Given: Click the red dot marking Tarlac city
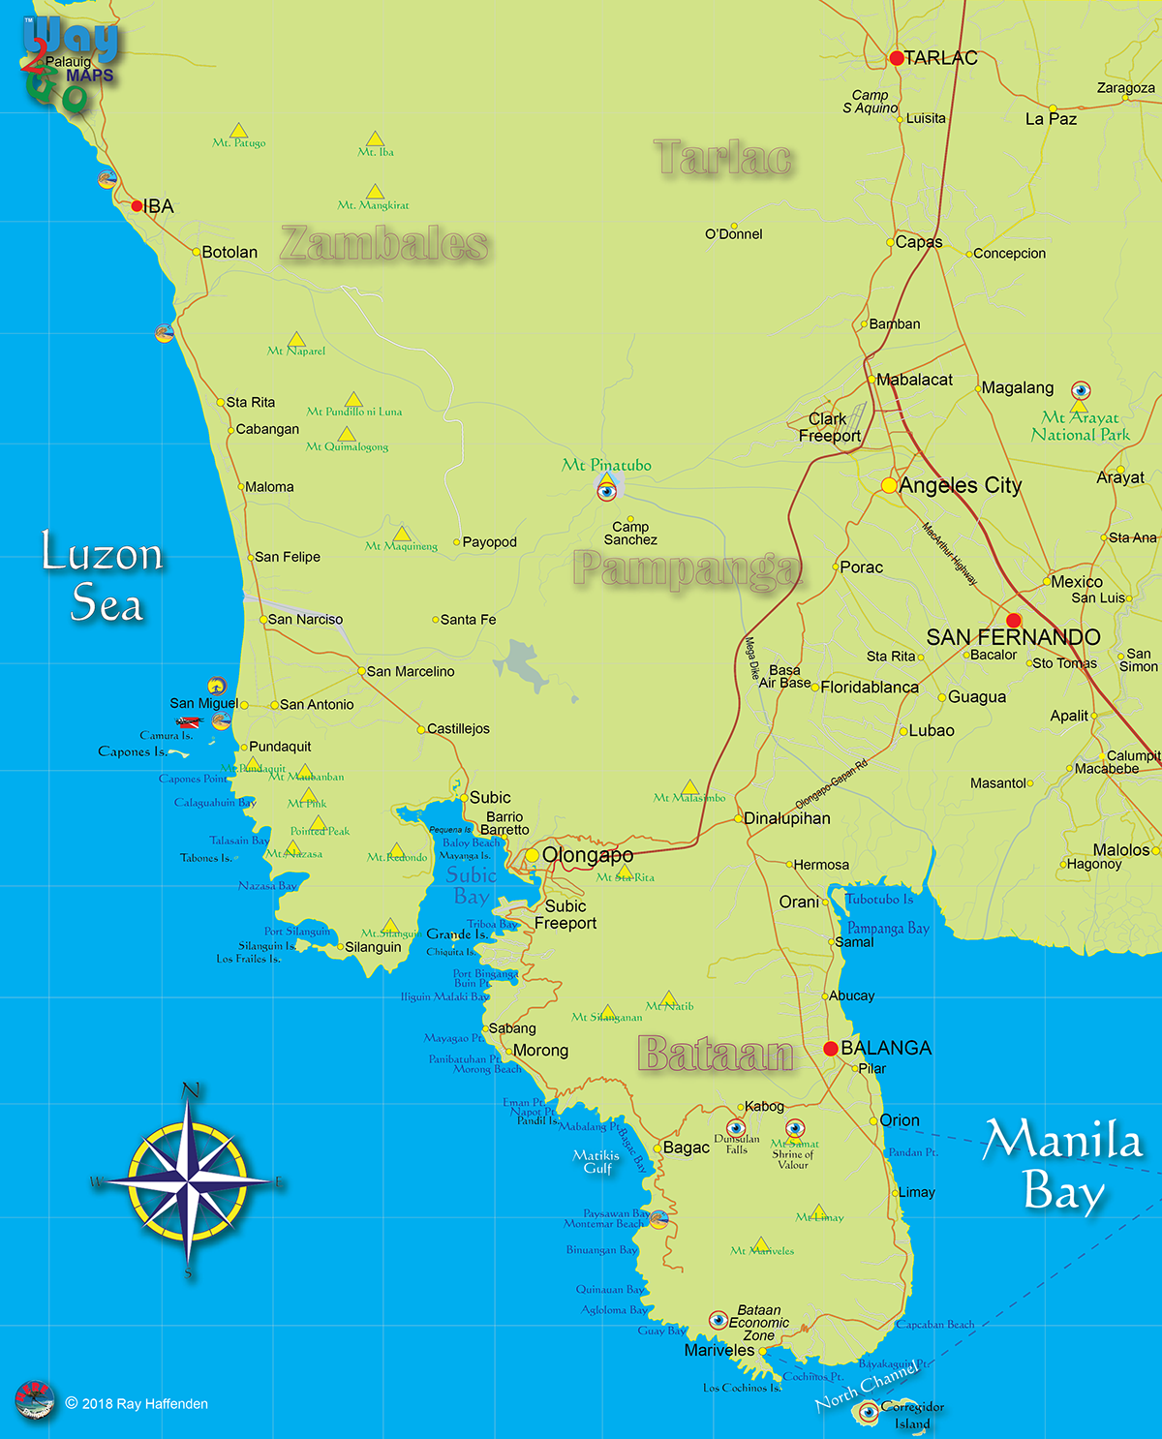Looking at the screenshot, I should (x=897, y=58).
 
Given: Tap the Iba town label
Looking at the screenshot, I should (x=159, y=206).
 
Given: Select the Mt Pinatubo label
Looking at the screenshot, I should (x=606, y=465).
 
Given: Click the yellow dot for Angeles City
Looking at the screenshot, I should (x=889, y=485).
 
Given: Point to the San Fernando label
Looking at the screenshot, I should (x=1013, y=637).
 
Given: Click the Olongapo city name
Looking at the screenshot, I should (x=588, y=855).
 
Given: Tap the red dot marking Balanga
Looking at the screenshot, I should (x=831, y=1048).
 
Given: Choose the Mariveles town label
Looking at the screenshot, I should (x=719, y=1350).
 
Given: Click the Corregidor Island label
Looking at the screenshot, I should (x=912, y=1415).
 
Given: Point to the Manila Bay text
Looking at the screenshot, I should (x=1063, y=1165).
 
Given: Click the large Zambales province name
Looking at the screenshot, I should (x=384, y=243).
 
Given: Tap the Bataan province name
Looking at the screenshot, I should (x=716, y=1054).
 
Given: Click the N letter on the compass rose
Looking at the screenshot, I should (x=191, y=1090).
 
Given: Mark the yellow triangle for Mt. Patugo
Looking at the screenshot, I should (x=238, y=131).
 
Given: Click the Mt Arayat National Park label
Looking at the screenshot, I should (x=1080, y=426).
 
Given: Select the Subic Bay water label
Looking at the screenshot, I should (x=472, y=885).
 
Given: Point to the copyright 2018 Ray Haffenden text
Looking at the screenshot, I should (x=137, y=1403).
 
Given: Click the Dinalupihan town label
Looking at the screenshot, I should (x=786, y=818).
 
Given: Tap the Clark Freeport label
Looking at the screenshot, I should (x=829, y=427).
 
